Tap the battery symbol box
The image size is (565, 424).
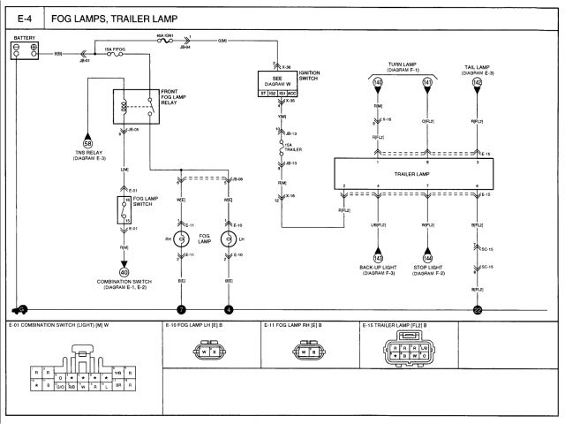coord(24,52)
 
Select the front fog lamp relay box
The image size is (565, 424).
coord(135,106)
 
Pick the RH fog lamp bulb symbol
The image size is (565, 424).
coord(181,239)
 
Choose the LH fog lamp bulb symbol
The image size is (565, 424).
coord(229,239)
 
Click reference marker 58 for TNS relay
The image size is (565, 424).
coord(87,142)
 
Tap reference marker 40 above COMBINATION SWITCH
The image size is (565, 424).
coord(124,272)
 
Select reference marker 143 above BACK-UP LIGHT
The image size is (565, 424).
coord(378,258)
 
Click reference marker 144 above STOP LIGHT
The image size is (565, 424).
coord(427,258)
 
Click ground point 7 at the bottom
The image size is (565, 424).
coord(181,310)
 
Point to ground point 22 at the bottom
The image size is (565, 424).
coord(478,310)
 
